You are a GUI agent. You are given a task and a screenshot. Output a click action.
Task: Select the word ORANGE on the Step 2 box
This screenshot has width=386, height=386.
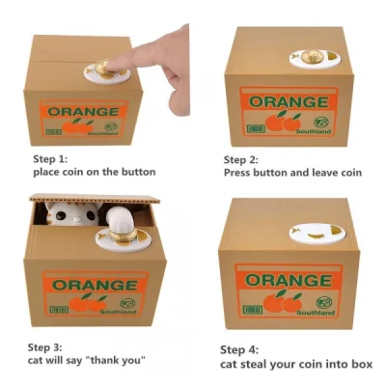(x=281, y=102)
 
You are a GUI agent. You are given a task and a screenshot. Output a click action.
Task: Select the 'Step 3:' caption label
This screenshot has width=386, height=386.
(x=44, y=345)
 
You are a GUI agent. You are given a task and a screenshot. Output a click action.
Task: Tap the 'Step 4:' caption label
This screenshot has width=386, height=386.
(x=239, y=349)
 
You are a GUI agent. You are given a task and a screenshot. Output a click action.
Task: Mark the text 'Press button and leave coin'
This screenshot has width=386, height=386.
(x=292, y=175)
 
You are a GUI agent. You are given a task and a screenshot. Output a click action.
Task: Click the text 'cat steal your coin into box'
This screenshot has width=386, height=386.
(x=295, y=364)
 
